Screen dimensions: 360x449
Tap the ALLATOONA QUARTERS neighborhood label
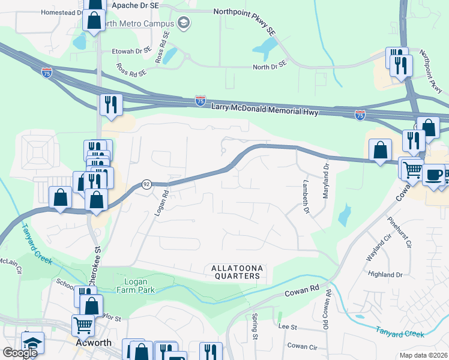238,272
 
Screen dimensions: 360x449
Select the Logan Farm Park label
131,286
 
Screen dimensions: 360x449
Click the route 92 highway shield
146,185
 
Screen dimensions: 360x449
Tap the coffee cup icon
433,175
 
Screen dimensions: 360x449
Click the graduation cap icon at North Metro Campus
184,23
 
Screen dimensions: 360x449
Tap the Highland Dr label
388,274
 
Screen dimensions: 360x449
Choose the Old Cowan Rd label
328,307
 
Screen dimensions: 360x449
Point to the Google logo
20,353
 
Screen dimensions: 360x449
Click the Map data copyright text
424,355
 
